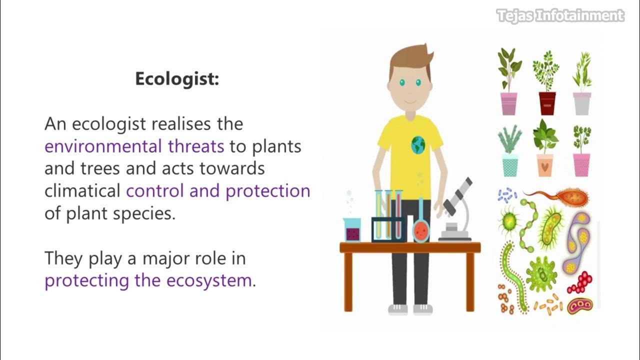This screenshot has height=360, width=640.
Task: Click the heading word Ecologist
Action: (176, 79)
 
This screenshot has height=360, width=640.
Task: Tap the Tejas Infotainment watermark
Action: (560, 16)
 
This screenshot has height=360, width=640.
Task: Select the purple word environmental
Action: (102, 146)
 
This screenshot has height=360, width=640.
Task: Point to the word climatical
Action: (82, 190)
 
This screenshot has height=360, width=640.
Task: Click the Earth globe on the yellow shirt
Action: (418, 145)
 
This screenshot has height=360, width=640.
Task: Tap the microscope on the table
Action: (456, 210)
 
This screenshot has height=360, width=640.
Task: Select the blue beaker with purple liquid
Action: (352, 229)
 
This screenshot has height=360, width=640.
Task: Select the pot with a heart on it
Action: (544, 164)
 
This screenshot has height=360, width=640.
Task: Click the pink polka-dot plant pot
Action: (581, 164)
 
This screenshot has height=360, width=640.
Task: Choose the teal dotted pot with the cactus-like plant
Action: (509, 164)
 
